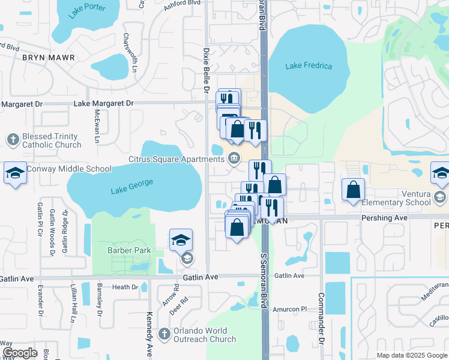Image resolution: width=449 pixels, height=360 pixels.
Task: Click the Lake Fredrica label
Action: click(x=309, y=65)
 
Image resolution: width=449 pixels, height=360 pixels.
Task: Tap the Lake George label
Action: click(x=132, y=187)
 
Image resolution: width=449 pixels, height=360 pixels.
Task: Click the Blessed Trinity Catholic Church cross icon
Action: click(x=13, y=140)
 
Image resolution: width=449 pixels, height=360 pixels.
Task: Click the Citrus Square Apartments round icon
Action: click(x=234, y=158)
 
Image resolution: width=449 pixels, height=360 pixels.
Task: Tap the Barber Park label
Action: click(x=128, y=250)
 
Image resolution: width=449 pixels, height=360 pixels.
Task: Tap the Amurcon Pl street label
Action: click(x=290, y=308)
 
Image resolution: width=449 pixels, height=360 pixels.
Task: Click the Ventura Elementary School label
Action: click(x=402, y=198)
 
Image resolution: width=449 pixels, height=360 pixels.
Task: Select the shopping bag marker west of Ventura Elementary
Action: click(x=354, y=189)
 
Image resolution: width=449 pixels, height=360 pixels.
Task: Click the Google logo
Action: click(x=20, y=353)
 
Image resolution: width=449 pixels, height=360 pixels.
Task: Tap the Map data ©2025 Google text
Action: click(x=411, y=355)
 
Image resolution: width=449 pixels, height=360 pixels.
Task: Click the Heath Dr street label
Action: click(x=125, y=287)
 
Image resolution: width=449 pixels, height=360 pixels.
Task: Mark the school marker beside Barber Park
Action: click(x=181, y=240)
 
